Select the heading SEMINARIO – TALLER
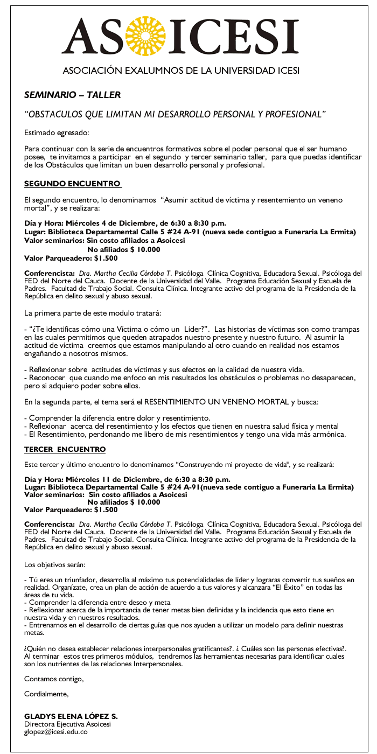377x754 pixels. coord(72,95)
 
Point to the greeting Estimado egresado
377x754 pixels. coord(57,132)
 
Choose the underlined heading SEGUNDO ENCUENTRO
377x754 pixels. coord(72,184)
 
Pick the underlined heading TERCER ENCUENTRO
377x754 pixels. coord(65,449)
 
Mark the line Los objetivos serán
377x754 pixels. coord(54,565)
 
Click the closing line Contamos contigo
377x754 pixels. coord(54,679)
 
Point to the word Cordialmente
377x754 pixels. coord(46,694)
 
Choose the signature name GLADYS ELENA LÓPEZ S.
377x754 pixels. coord(71,717)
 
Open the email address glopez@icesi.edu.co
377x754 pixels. coord(55,732)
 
